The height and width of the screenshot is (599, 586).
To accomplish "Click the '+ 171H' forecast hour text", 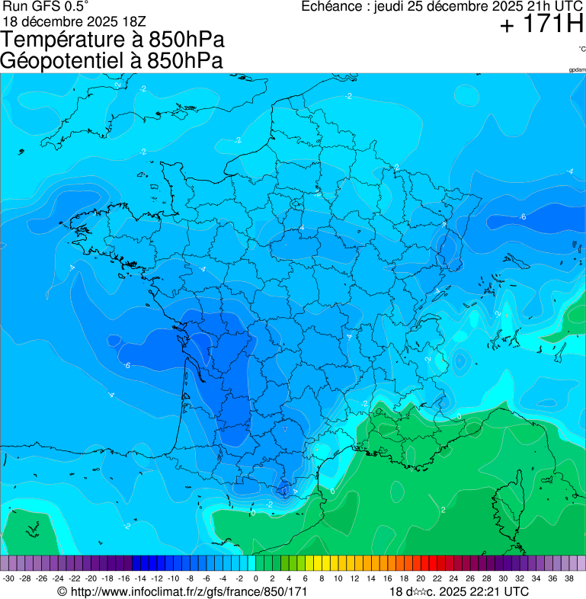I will pos(542,25).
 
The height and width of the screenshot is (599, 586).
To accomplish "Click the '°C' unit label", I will pos(581,49).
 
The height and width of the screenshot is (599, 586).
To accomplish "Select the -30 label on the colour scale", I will pos(8,578).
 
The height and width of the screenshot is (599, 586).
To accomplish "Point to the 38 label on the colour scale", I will pos(568,578).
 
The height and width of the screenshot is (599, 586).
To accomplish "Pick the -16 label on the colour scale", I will pos(123,578).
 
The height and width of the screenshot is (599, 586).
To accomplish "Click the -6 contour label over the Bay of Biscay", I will pos(126,366).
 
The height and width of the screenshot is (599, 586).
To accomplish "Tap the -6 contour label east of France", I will pos(523,217).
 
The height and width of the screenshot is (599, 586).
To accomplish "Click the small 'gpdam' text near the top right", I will pos(577,70).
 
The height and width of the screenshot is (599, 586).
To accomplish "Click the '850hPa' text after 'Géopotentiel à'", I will pos(181,61).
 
